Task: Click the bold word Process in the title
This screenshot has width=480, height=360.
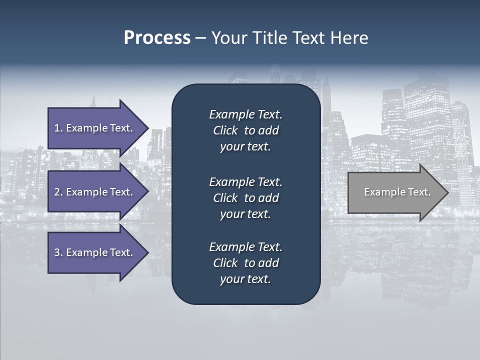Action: tap(157, 38)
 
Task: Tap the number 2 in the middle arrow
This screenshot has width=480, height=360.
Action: tap(57, 192)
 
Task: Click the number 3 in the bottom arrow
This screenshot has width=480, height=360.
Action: tap(57, 252)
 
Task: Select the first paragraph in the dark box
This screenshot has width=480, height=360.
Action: tap(245, 130)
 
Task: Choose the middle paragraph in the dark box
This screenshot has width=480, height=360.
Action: tap(245, 198)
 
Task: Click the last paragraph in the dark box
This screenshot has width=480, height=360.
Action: tap(245, 263)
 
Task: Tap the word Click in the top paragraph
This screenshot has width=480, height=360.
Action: tap(225, 130)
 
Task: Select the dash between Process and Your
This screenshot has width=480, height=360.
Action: tap(200, 38)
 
